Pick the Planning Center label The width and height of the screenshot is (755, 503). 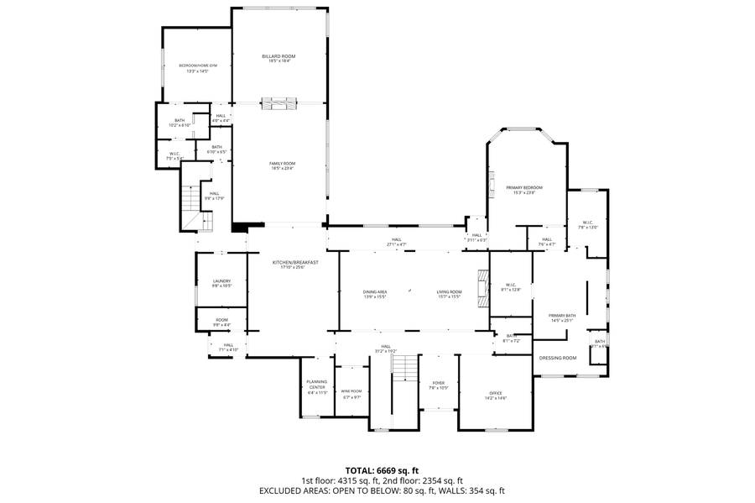pos(316,386)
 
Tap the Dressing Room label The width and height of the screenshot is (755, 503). pos(558,358)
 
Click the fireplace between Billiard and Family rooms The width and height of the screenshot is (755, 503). pos(279,103)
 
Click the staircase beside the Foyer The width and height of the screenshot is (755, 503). pos(404,368)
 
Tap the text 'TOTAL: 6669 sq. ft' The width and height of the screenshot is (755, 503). pos(382,470)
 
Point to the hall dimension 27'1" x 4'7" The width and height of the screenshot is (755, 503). pos(396,244)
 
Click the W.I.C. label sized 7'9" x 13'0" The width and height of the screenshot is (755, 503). pos(588,225)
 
